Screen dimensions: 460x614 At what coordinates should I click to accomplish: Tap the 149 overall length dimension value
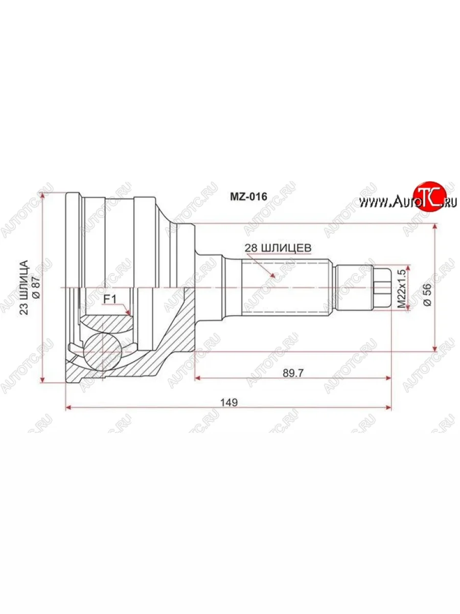pos(229,403)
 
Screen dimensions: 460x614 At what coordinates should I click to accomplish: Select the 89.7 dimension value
pos(292,373)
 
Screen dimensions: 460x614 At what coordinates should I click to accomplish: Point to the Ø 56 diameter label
pos(428,295)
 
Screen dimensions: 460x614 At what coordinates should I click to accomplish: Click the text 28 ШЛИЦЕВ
pos(278,248)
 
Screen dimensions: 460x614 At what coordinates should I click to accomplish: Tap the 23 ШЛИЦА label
pos(25,287)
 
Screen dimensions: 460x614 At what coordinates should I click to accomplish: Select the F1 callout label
pos(109,300)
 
